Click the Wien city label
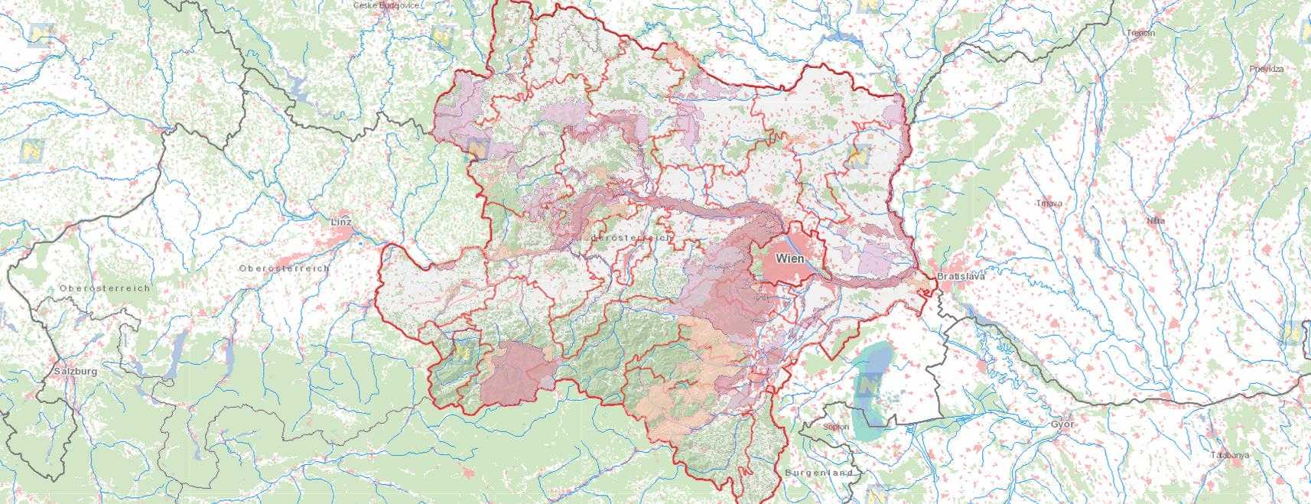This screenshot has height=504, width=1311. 790,259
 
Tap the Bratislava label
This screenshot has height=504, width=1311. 961,276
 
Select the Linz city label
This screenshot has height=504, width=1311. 342,222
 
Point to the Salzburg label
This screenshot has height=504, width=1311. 76,371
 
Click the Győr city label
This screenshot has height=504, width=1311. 1062,424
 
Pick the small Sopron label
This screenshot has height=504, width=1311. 836,427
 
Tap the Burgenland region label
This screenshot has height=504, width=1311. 818,473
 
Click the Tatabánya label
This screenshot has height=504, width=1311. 1230,455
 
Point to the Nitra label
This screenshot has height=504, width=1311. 1156,220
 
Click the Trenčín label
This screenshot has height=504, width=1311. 1140,33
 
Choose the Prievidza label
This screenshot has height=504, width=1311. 1267,69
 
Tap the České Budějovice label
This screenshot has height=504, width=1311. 385,5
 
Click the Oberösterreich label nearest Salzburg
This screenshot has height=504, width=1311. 105,288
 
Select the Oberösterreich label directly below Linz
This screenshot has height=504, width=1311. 284,268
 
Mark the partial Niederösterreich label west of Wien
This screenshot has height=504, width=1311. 627,238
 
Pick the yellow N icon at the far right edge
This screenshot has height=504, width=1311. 1293,333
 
